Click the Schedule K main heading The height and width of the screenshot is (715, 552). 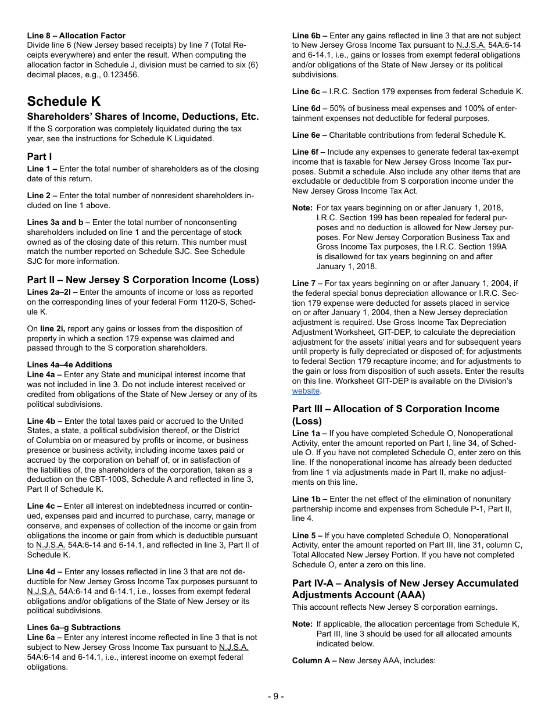click(x=63, y=101)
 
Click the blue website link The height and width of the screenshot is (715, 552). click(x=306, y=391)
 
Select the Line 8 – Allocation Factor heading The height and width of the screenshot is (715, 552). click(x=76, y=36)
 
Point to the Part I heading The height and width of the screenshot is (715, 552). click(x=40, y=156)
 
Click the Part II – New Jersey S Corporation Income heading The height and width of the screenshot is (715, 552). click(x=143, y=280)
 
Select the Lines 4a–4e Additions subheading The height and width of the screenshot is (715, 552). click(x=70, y=365)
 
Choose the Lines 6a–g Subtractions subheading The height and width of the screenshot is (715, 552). click(x=74, y=627)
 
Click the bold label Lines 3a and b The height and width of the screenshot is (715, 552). click(x=56, y=222)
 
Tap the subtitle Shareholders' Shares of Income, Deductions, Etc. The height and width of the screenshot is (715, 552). click(x=143, y=117)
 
